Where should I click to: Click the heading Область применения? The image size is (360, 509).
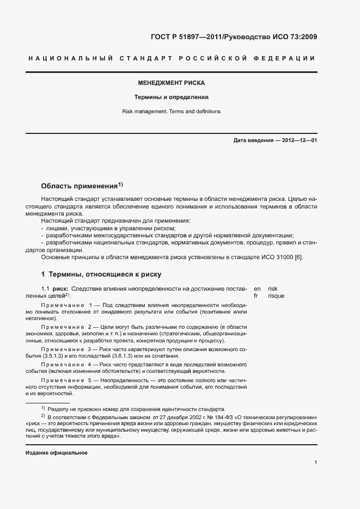pos(80,186)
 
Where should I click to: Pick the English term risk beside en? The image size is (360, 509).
pos(273,289)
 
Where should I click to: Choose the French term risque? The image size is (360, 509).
pos(276,296)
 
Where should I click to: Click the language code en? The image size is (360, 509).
pos(257,289)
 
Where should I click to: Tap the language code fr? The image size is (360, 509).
pos(256,296)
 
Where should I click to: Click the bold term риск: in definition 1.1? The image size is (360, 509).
pos(60,289)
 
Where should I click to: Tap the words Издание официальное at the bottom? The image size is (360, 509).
pos(57,453)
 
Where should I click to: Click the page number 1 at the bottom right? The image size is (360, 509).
pos(316,463)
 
